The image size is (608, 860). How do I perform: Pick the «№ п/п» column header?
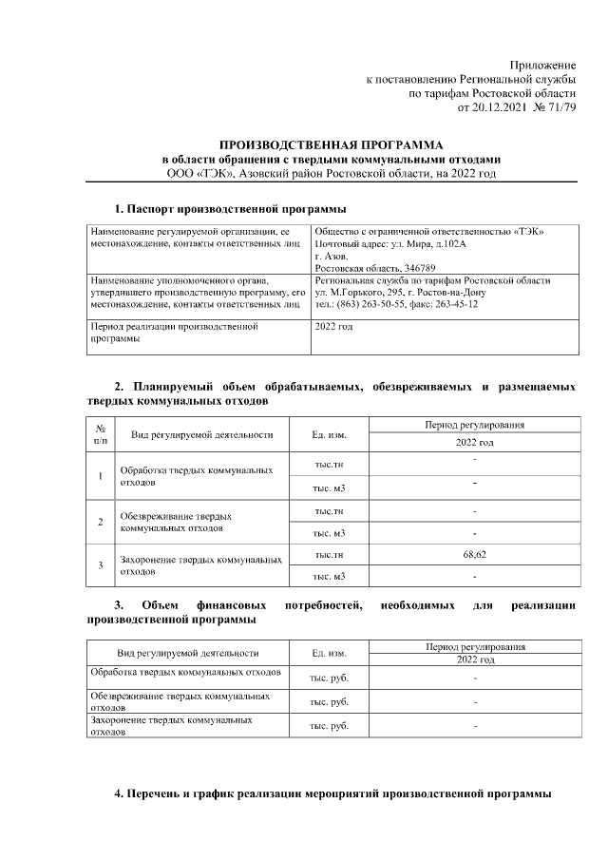[101, 435]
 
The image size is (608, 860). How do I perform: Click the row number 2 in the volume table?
[101, 521]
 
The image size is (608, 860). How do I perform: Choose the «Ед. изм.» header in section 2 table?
[329, 435]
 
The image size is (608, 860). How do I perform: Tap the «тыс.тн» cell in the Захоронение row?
[329, 554]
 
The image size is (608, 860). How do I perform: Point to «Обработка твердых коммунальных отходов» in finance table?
[185, 672]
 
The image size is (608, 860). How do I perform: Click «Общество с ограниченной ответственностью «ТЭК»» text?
[429, 232]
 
